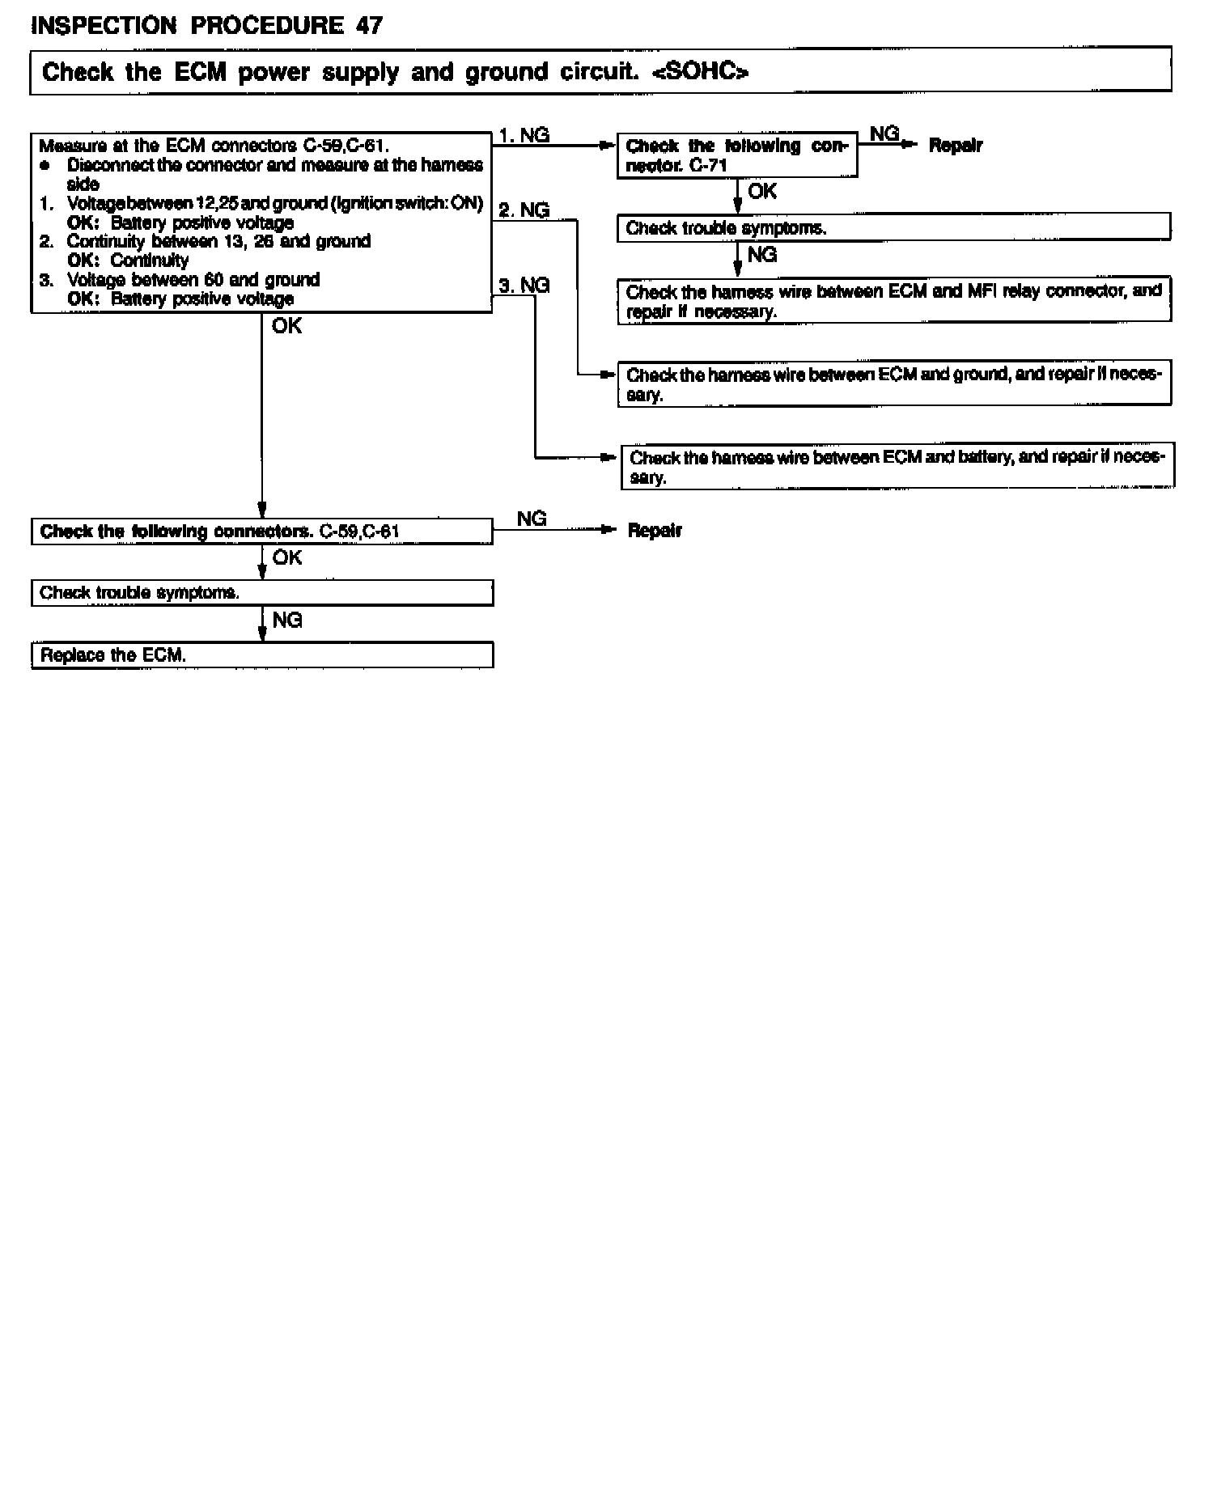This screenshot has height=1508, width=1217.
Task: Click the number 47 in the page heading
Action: (x=368, y=25)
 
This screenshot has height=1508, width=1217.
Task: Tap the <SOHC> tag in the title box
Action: (x=700, y=73)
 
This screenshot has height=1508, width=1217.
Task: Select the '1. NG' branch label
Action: (x=524, y=135)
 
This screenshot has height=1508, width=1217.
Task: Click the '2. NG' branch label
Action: (x=524, y=210)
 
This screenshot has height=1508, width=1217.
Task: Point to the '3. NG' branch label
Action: (x=524, y=285)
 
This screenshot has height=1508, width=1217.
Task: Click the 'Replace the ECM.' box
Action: (x=261, y=655)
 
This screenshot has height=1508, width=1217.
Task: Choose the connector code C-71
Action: (x=709, y=166)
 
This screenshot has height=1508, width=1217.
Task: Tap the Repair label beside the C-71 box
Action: (x=955, y=146)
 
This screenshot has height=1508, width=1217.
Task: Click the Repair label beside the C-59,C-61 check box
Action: (x=655, y=531)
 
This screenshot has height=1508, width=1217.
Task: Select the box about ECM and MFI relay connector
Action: (x=893, y=301)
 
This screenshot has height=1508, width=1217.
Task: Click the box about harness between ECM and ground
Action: (x=893, y=384)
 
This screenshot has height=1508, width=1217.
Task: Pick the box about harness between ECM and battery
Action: (x=897, y=467)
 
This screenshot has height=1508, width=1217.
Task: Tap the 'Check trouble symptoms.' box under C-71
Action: (x=893, y=228)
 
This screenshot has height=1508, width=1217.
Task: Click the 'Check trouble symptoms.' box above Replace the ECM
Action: (x=261, y=593)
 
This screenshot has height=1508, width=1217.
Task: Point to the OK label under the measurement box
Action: (x=286, y=326)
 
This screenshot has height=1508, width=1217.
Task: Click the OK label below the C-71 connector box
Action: (x=761, y=192)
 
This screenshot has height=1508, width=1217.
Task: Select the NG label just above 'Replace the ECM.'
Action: (x=286, y=621)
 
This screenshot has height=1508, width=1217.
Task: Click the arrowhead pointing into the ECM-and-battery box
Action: (x=609, y=458)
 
